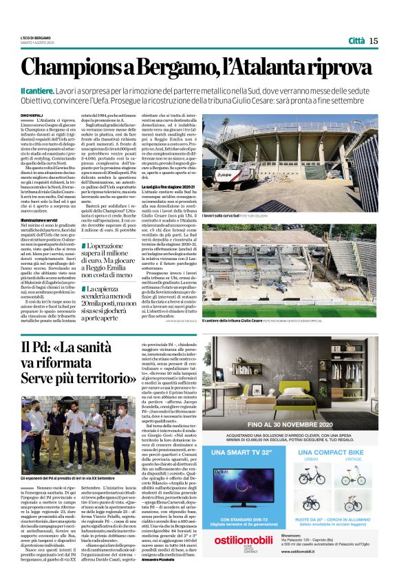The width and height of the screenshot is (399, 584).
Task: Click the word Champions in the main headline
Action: coord(77,68)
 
